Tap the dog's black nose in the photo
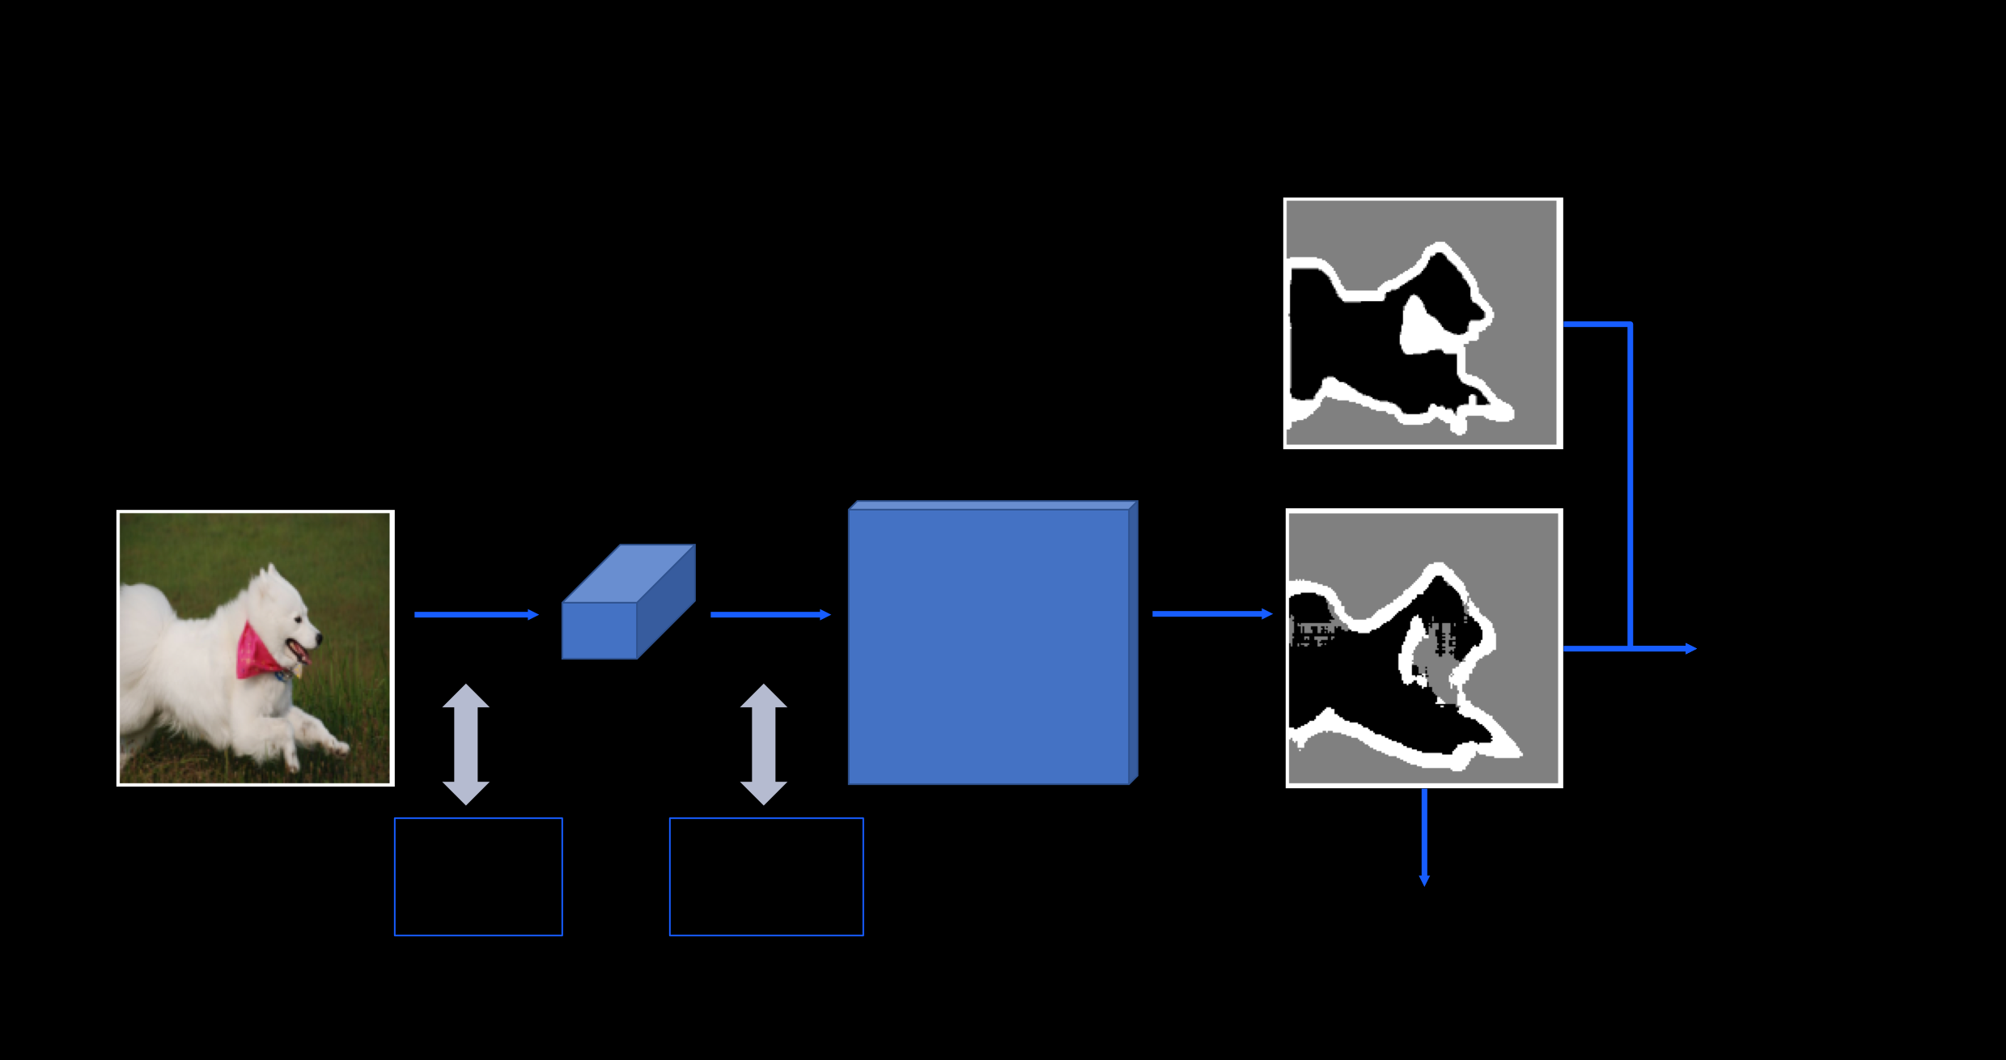coord(318,638)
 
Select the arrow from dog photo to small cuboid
coord(476,615)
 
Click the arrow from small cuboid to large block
coord(770,615)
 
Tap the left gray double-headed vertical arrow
coord(466,744)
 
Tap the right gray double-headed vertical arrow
coord(764,744)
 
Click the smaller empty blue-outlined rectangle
coord(478,877)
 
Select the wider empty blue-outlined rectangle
coord(766,877)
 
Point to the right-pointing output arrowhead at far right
coord(1690,648)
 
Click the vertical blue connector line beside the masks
coord(1630,485)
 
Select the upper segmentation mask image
coord(1423,323)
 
